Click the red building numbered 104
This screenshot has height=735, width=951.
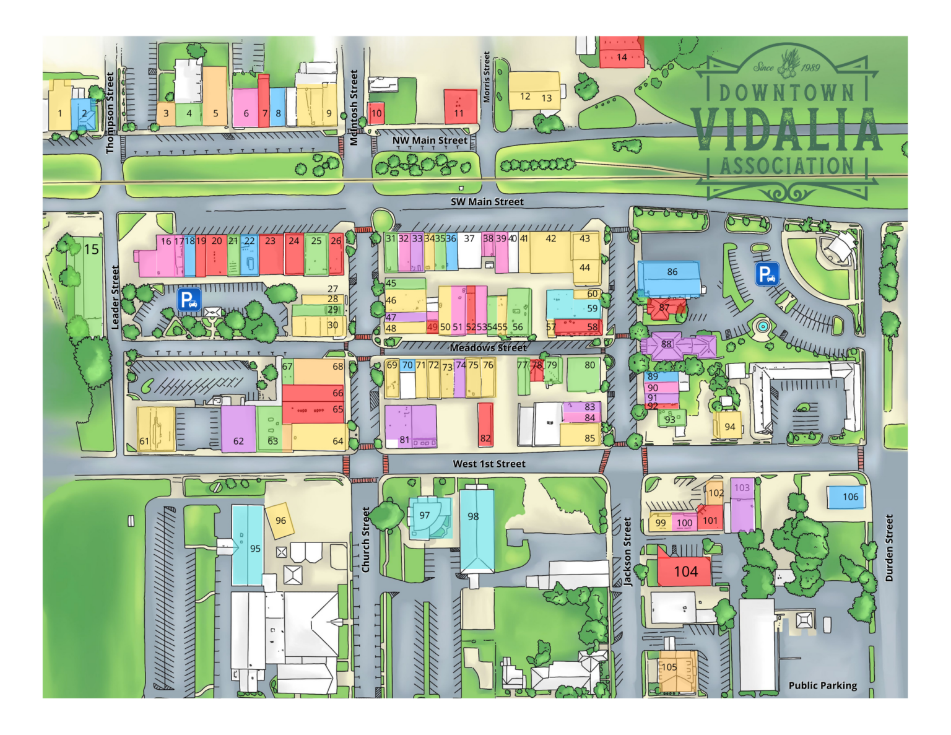click(x=685, y=571)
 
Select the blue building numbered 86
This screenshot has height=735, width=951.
click(x=671, y=276)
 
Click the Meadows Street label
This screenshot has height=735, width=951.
click(x=488, y=347)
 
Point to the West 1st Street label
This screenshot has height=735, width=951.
click(x=489, y=464)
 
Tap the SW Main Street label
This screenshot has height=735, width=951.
click(x=487, y=202)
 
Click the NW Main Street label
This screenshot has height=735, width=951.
click(x=430, y=141)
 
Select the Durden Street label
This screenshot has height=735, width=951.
click(x=889, y=548)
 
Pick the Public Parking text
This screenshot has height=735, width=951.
click(x=822, y=685)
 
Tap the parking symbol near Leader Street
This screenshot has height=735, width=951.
click(x=189, y=300)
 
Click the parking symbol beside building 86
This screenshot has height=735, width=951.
click(x=766, y=274)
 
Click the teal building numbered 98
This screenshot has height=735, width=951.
click(x=476, y=529)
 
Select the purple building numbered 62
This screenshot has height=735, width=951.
click(x=238, y=428)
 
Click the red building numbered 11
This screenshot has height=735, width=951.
click(x=460, y=107)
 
